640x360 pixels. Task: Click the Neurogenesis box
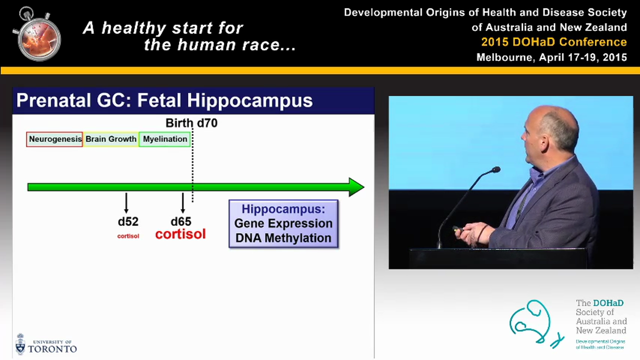coord(54,139)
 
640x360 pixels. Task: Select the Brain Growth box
coord(110,139)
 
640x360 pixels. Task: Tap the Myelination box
coord(164,139)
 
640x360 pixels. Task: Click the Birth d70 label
coord(191,123)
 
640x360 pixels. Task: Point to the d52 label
coord(128,221)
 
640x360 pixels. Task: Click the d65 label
coord(181,221)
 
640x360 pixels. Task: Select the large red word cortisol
coord(180,234)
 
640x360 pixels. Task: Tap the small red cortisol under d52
coord(128,236)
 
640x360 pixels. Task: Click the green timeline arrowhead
coord(356,187)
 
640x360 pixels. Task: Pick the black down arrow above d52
coord(126,203)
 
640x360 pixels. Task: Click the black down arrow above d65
coord(182,203)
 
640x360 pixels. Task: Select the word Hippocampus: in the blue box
coord(283,209)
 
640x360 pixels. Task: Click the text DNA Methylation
coord(283,238)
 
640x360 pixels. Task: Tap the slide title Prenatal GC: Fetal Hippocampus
coord(164,100)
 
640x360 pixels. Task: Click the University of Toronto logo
coord(46,344)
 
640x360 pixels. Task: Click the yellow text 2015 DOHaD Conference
coord(553,42)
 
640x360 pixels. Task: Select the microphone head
coord(495,170)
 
